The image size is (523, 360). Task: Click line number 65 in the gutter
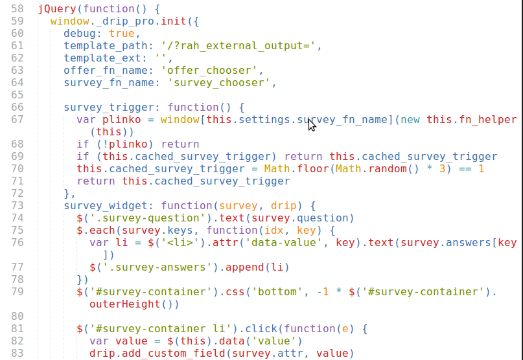click(17, 95)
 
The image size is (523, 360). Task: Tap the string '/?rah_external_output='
click(231, 46)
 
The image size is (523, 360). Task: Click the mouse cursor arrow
click(312, 124)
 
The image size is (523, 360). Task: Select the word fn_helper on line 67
click(487, 120)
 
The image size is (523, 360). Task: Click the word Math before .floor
click(277, 169)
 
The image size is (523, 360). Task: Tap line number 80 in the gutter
click(17, 317)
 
